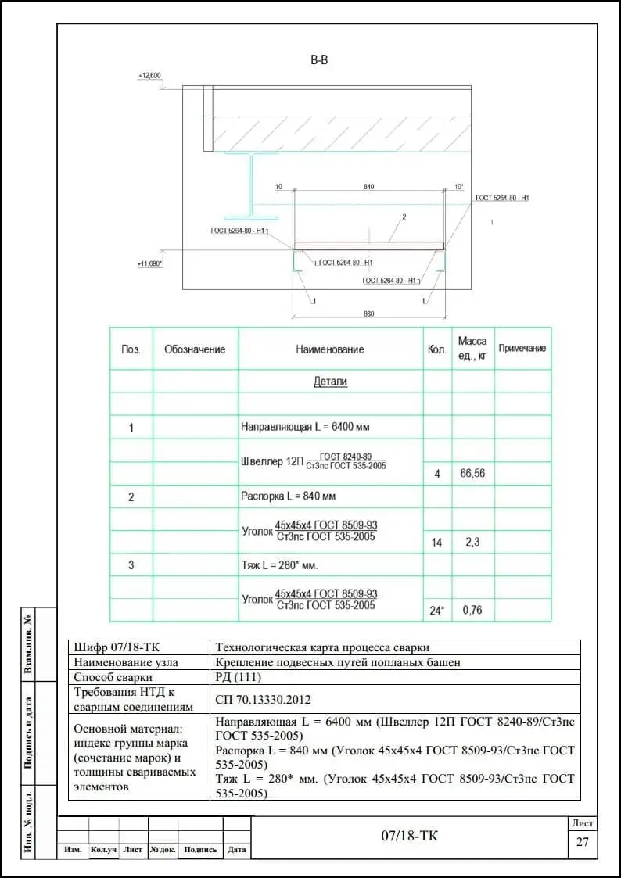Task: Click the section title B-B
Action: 319,60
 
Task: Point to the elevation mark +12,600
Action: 149,76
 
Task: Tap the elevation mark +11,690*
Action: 149,264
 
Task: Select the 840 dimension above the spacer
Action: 369,187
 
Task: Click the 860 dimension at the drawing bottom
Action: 369,314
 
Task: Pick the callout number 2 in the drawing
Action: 404,217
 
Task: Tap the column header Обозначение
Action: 195,349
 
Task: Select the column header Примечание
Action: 522,349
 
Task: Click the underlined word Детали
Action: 330,382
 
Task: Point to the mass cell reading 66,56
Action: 472,473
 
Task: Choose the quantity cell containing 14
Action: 436,542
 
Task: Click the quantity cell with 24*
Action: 437,611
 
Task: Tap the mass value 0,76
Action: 472,611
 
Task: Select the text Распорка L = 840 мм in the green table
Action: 289,496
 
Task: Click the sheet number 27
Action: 582,842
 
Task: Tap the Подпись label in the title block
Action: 201,850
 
